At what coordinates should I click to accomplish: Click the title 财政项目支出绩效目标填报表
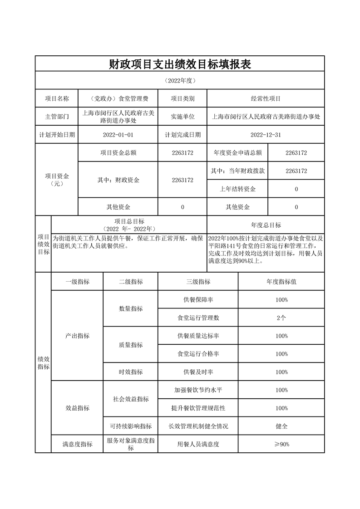pyautogui.click(x=180, y=64)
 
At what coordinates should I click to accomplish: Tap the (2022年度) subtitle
pyautogui.click(x=180, y=80)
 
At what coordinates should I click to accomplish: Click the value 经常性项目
pyautogui.click(x=266, y=98)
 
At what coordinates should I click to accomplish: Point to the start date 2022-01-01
pyautogui.click(x=118, y=135)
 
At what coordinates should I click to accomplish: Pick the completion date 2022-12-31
pyautogui.click(x=266, y=135)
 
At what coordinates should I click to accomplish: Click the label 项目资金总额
pyautogui.click(x=118, y=153)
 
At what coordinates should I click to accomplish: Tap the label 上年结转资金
pyautogui.click(x=237, y=189)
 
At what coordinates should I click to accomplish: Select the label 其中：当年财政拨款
pyautogui.click(x=237, y=171)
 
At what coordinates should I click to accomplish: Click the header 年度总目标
pyautogui.click(x=266, y=225)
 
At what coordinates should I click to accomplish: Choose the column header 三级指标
pyautogui.click(x=198, y=282)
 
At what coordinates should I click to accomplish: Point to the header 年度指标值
pyautogui.click(x=281, y=282)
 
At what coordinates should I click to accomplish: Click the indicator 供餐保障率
pyautogui.click(x=198, y=300)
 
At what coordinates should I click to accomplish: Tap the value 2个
pyautogui.click(x=281, y=318)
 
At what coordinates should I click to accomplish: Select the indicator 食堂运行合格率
pyautogui.click(x=198, y=354)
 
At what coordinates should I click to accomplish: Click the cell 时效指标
pyautogui.click(x=131, y=372)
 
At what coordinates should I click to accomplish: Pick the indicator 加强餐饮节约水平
pyautogui.click(x=198, y=390)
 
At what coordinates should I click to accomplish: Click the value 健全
pyautogui.click(x=281, y=426)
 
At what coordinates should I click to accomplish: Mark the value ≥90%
pyautogui.click(x=281, y=445)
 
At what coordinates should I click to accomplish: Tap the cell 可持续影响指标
pyautogui.click(x=131, y=426)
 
